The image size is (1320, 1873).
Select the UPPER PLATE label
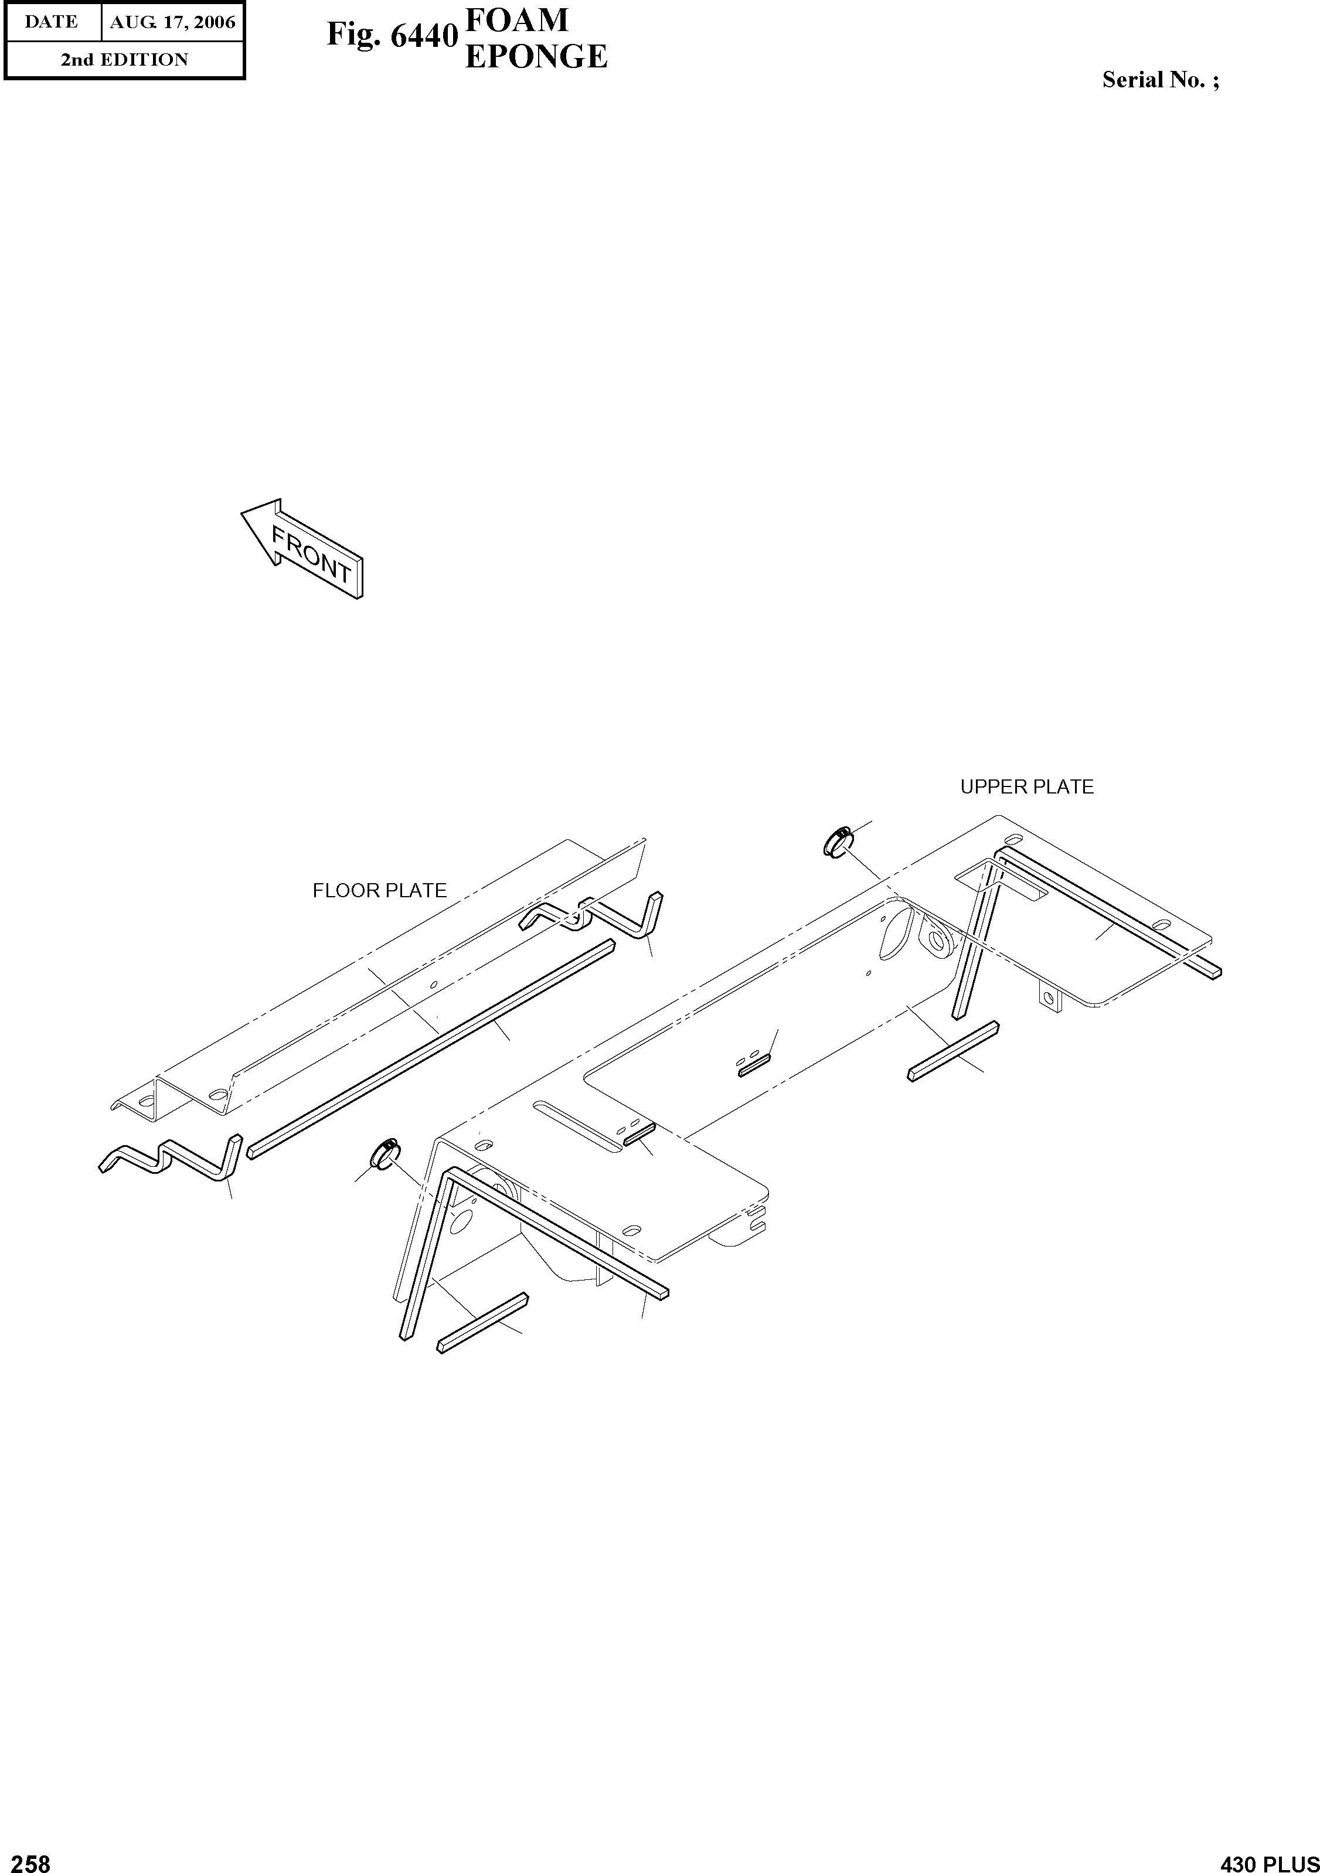click(x=1026, y=787)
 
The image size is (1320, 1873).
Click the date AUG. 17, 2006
click(x=172, y=22)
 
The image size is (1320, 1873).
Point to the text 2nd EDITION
click(x=124, y=60)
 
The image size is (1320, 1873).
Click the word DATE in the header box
click(x=52, y=22)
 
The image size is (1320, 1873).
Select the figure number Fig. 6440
click(x=391, y=36)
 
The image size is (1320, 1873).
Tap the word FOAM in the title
click(x=516, y=19)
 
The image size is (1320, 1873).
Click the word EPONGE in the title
click(x=535, y=57)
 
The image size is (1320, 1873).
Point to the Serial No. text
click(x=1160, y=80)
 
